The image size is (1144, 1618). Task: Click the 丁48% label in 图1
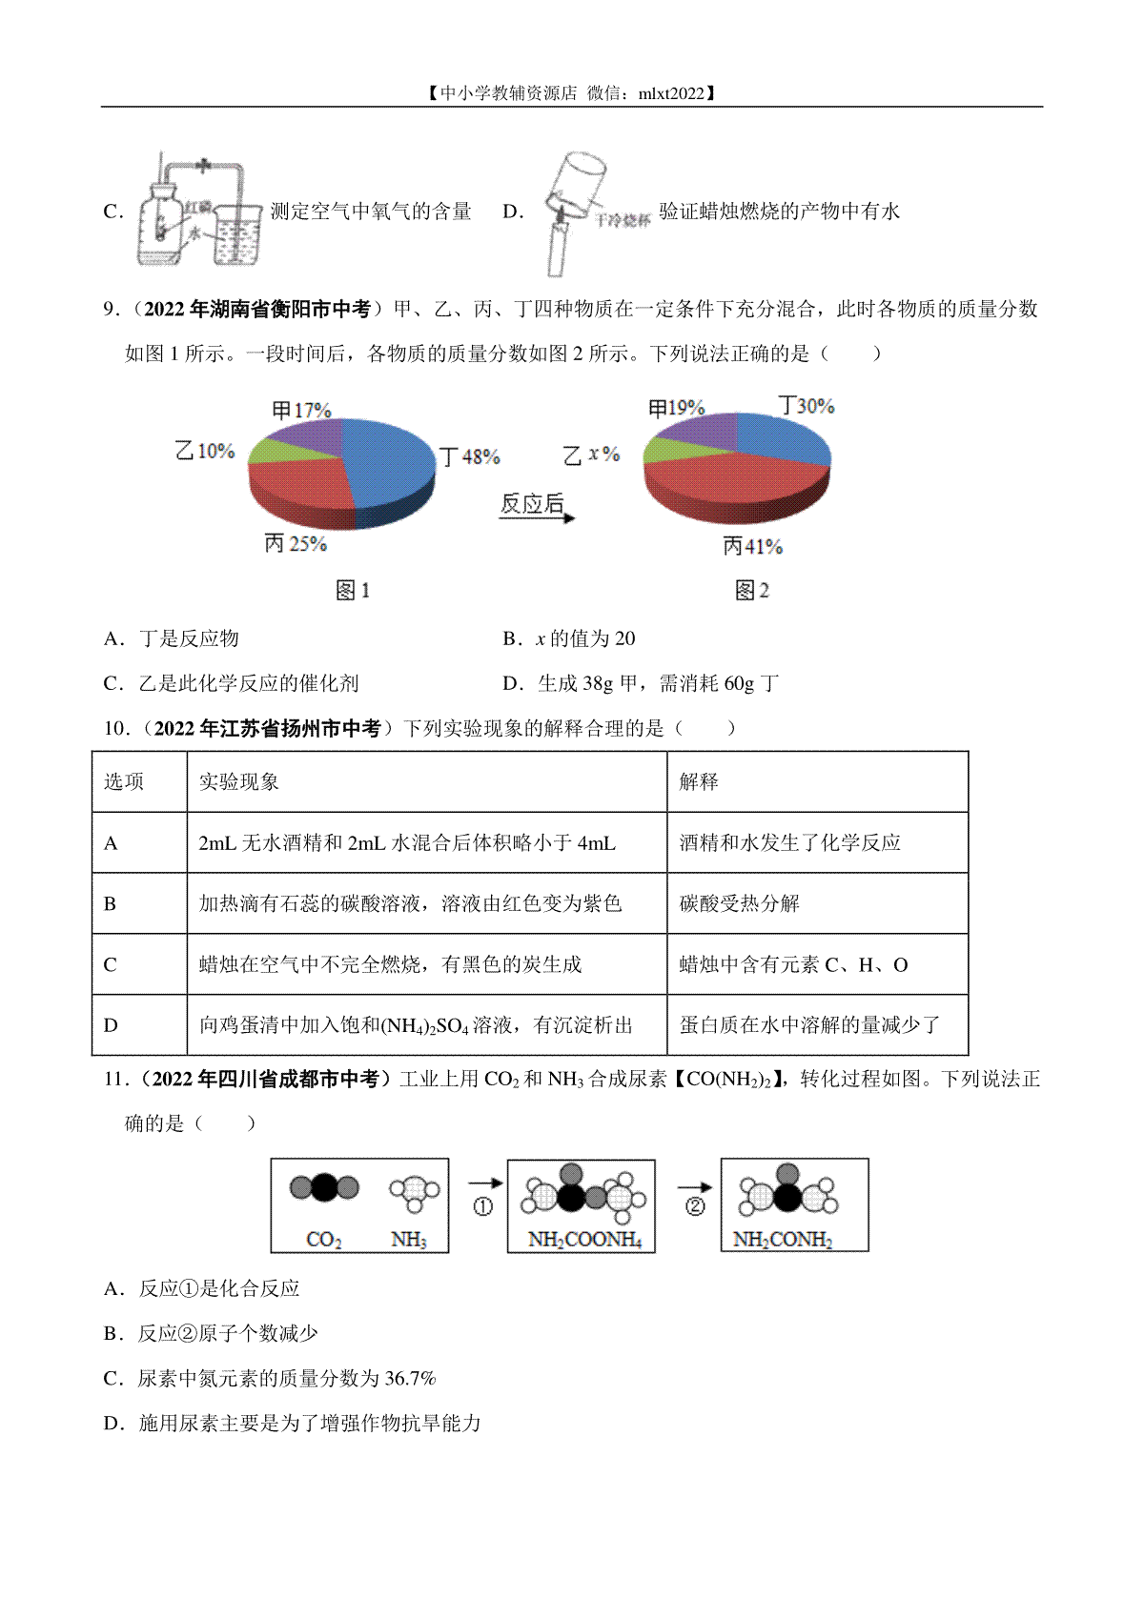(469, 456)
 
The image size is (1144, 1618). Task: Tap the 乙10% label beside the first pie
(205, 451)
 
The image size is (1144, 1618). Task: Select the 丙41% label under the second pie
(752, 546)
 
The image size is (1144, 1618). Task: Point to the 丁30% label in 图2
(807, 406)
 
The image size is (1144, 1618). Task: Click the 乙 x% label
(591, 455)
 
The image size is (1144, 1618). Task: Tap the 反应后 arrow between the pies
(537, 507)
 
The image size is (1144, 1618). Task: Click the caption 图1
(353, 591)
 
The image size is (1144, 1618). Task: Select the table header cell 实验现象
(239, 782)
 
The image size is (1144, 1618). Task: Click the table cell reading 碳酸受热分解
(740, 903)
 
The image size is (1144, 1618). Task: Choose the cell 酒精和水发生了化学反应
(790, 842)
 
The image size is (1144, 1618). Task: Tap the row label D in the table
(111, 1025)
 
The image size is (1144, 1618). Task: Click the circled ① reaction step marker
(483, 1206)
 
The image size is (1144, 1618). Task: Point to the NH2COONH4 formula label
(584, 1240)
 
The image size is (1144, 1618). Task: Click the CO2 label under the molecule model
(324, 1240)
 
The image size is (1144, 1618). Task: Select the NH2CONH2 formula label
(782, 1240)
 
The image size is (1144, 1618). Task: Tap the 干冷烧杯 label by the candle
(623, 220)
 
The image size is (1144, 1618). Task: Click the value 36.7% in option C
(410, 1378)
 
